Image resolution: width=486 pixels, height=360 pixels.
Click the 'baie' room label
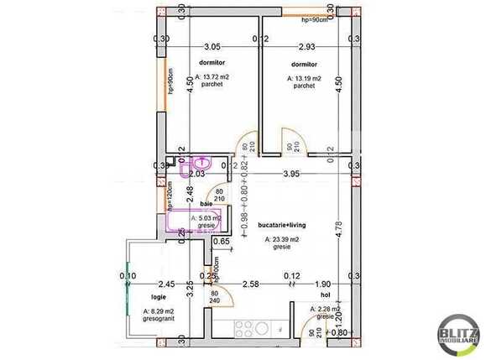206,204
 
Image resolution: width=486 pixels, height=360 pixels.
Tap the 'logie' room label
159,297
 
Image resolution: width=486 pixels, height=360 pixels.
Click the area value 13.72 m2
212,77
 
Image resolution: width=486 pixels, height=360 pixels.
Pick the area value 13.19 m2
304,78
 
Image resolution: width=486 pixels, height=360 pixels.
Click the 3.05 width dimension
212,47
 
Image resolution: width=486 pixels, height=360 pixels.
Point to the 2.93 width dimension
306,47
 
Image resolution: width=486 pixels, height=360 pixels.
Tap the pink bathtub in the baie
193,222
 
